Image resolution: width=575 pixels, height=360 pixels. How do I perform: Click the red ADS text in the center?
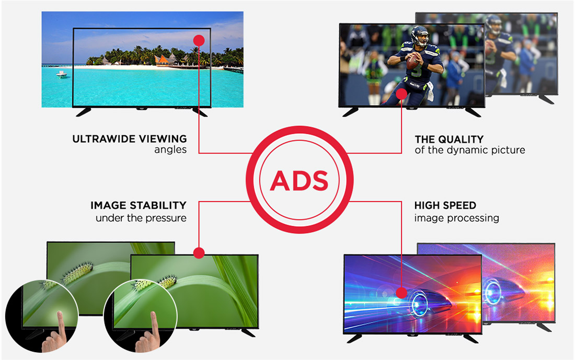point(299,181)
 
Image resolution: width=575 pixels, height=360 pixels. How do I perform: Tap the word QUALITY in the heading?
point(461,140)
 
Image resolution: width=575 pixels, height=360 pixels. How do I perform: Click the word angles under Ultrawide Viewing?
point(170,150)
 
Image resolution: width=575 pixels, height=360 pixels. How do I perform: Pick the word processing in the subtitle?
point(476,218)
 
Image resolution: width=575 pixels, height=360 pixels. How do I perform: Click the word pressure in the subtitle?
point(167,218)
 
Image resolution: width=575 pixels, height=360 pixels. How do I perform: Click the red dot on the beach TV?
point(199,40)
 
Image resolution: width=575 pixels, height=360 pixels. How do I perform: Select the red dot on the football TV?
point(401,94)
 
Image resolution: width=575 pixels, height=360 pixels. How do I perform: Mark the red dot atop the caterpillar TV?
point(199,252)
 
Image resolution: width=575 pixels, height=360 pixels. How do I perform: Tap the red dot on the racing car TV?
point(401,293)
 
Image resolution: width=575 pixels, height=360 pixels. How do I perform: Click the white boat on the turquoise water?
point(62,74)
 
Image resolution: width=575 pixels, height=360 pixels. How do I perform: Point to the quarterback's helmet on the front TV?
point(420,36)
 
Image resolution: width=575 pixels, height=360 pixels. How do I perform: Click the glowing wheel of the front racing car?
point(418,304)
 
